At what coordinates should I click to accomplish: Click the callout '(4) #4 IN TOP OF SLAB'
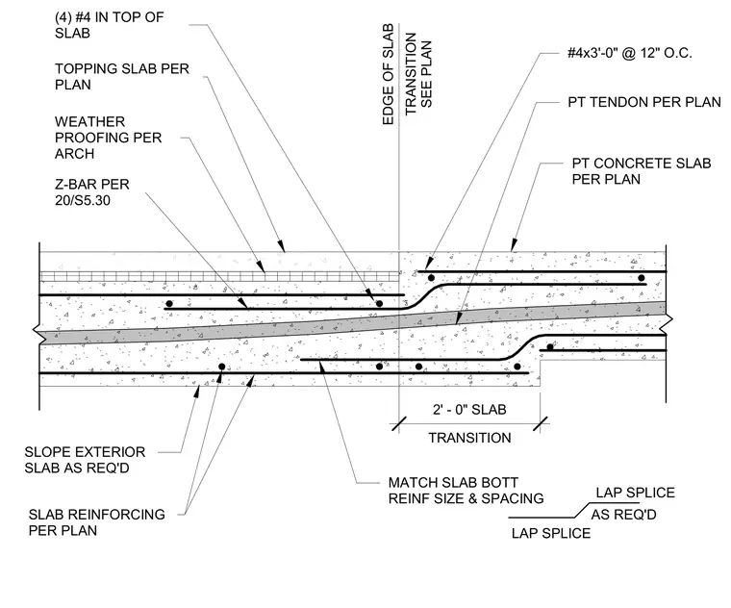coord(109,25)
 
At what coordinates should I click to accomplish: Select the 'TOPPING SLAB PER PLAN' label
coord(122,76)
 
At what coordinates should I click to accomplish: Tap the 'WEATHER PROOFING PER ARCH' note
coord(108,138)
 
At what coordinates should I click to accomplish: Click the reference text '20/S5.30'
coord(83,200)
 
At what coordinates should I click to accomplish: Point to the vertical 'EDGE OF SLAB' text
coord(388,74)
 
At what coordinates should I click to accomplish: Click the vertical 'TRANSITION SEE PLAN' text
coord(418,74)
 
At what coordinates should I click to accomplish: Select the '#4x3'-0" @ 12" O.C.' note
coord(629,53)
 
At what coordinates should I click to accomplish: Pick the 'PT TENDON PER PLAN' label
coord(644,102)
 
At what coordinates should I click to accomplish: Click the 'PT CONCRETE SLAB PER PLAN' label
coord(642,171)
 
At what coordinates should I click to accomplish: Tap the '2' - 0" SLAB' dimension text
coord(469,410)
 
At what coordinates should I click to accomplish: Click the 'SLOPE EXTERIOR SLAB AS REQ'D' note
coord(85,460)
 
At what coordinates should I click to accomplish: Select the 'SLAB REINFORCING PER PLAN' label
coord(96,522)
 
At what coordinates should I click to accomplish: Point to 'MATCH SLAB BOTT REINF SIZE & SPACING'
coord(466,491)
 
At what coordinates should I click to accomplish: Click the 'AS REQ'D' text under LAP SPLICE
coord(624,515)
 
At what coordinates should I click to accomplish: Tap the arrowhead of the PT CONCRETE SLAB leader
coord(514,245)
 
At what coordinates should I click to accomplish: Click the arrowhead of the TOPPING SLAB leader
coord(281,245)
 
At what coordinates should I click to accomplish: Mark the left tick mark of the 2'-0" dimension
coord(398,424)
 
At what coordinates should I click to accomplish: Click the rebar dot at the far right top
coord(642,278)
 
